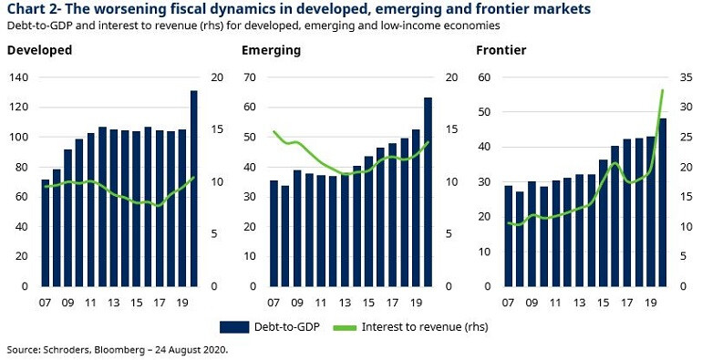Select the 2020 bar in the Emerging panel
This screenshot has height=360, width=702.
428,191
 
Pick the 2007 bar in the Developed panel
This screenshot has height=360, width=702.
46,232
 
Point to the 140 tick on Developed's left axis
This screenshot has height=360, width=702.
17,77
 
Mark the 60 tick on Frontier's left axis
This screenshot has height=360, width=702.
485,77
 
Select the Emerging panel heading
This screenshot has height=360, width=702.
271,51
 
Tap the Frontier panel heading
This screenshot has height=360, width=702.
501,51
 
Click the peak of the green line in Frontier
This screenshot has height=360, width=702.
663,89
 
